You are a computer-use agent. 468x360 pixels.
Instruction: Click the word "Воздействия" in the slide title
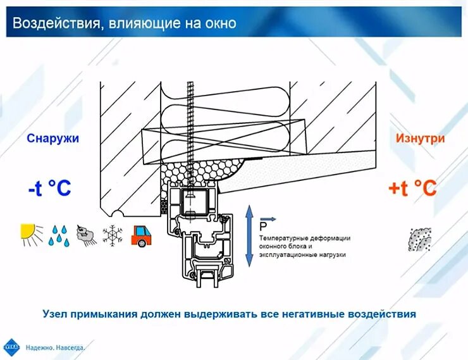pyautogui.click(x=52, y=24)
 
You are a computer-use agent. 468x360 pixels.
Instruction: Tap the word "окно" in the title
pyautogui.click(x=218, y=24)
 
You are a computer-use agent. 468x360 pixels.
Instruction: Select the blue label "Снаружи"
pyautogui.click(x=52, y=139)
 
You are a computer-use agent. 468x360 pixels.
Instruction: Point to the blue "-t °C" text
pyautogui.click(x=49, y=189)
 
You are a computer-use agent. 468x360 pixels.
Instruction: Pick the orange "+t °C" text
pyautogui.click(x=412, y=188)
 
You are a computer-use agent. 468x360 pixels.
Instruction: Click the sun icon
pyautogui.click(x=30, y=235)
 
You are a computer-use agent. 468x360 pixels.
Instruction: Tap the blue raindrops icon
pyautogui.click(x=59, y=235)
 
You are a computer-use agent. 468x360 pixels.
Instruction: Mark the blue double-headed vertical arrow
pyautogui.click(x=249, y=234)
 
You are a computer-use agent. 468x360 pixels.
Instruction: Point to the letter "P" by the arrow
pyautogui.click(x=263, y=226)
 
